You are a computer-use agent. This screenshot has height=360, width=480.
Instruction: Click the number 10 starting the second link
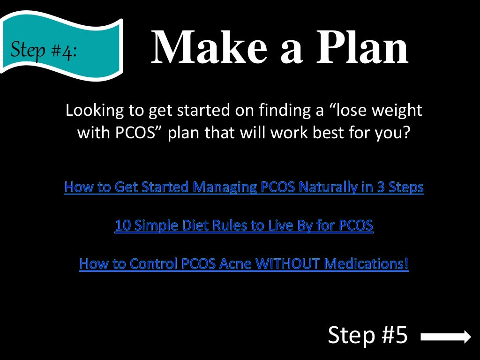(x=123, y=226)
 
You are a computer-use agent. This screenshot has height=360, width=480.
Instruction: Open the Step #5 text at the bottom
(x=368, y=336)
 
